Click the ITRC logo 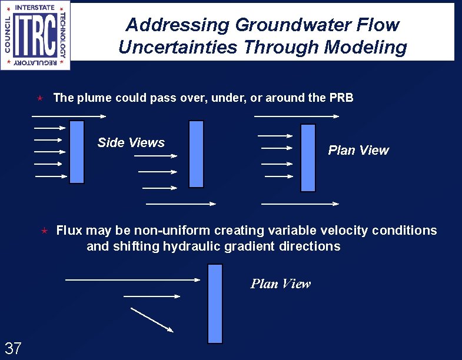coord(35,35)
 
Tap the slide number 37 coord(13,348)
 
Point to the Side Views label coord(131,142)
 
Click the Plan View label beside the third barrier coord(358,151)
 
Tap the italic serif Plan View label coord(280,284)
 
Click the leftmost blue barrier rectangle coord(77,152)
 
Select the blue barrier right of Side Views coord(197,154)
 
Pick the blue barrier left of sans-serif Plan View coord(308,158)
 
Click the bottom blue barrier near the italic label coord(215,304)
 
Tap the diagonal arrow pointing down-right coord(151,320)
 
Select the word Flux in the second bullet coord(69,230)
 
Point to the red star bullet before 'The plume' coord(40,98)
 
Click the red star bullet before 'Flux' coord(43,230)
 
